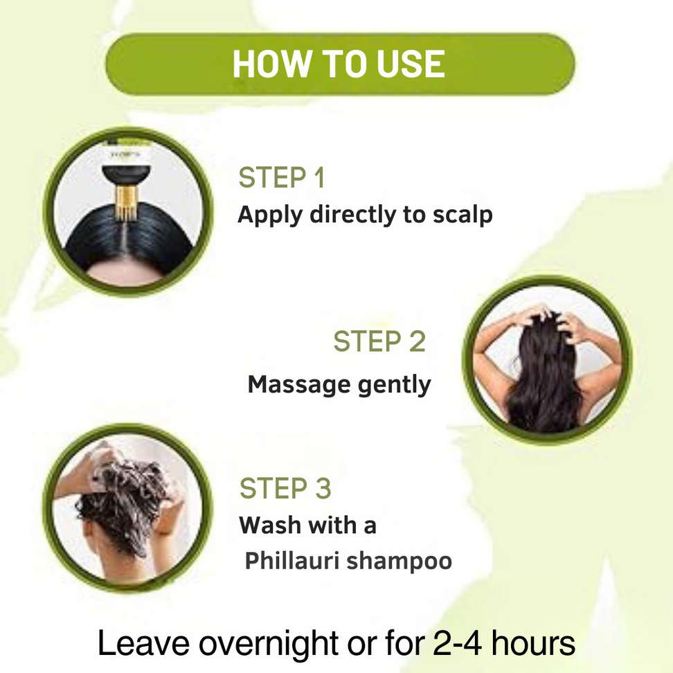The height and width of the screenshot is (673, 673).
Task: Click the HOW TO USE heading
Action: pos(339,64)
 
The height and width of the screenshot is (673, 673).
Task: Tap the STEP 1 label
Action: pos(282,177)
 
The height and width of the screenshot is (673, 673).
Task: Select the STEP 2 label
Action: pos(379,341)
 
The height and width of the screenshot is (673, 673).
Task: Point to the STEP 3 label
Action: pos(285,488)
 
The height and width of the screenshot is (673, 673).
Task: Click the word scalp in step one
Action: pos(463,215)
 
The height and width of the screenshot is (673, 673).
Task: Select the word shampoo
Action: pos(400,562)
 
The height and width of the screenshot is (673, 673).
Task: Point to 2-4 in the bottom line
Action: pos(457,643)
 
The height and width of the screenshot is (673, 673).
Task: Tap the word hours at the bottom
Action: pos(533,643)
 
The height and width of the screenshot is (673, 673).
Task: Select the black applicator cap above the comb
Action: pos(126,176)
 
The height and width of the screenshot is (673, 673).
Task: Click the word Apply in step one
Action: pos(270,215)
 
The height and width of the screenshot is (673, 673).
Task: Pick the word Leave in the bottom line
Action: pos(144,643)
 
